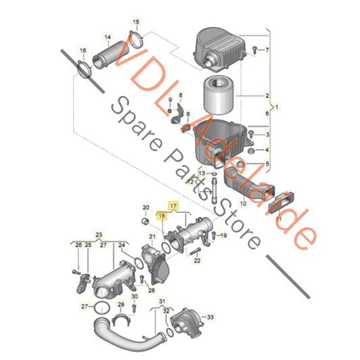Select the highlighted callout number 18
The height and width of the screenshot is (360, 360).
(x=161, y=215)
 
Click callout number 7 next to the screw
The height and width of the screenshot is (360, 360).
(x=266, y=51)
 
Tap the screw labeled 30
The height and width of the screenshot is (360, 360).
(x=134, y=308)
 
